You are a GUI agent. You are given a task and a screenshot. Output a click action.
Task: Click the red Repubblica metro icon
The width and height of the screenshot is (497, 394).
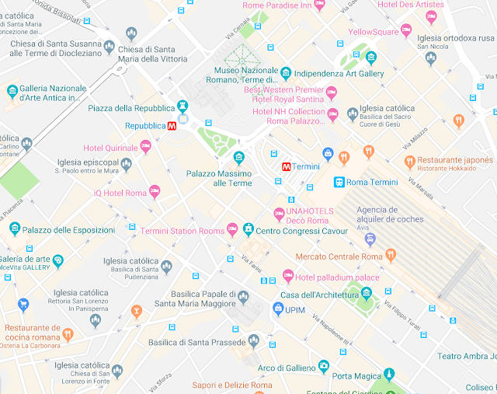click(x=172, y=125)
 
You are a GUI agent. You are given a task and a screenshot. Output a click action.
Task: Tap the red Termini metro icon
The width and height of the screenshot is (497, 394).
click(x=286, y=166)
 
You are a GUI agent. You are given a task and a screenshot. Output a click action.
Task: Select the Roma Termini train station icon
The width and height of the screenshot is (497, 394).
click(x=339, y=182)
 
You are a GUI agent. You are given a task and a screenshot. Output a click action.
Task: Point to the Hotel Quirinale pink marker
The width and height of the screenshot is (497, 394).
click(x=145, y=146)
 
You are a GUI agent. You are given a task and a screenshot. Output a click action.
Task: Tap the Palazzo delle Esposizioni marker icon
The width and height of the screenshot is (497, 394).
click(x=14, y=228)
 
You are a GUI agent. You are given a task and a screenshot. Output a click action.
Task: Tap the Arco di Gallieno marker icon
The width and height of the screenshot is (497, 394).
click(x=323, y=367)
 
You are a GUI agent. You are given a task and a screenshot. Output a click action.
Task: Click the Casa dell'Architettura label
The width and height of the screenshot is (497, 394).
click(x=319, y=294)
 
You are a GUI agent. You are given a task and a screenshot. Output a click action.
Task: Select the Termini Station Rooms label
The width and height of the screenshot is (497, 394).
click(x=182, y=231)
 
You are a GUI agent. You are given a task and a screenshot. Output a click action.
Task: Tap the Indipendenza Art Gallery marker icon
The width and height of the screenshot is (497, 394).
click(x=285, y=73)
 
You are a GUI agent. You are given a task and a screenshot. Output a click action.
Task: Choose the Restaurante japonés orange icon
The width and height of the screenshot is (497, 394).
click(x=409, y=161)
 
